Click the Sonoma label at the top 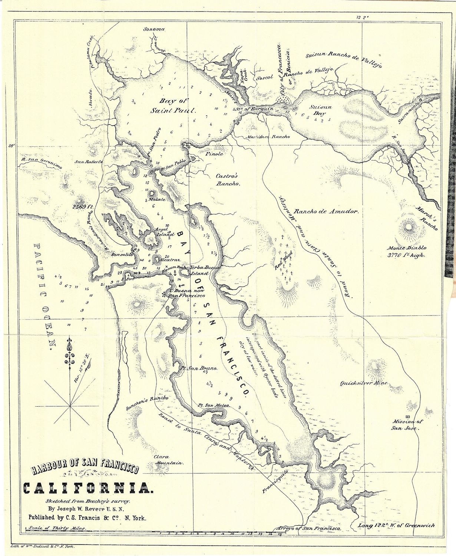(x=154, y=29)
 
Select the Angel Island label (x=164, y=232)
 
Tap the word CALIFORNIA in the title (x=87, y=489)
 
